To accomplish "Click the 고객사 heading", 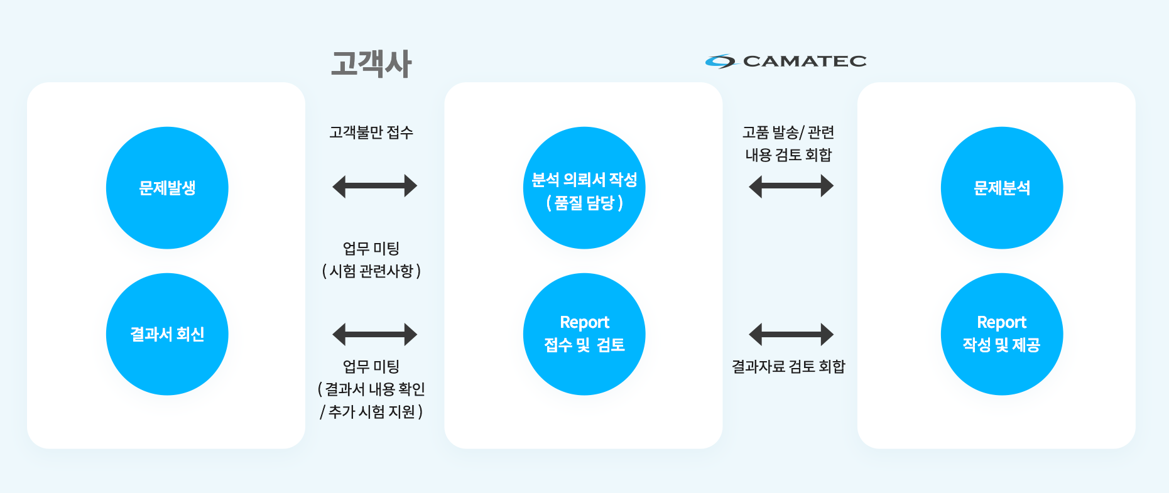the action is (371, 63).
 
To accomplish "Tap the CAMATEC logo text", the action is (805, 61).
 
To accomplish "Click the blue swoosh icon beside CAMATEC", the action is (720, 61).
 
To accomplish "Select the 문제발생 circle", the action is (167, 188).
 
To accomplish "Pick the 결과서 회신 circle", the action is (167, 334).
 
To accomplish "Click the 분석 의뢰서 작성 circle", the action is (584, 188).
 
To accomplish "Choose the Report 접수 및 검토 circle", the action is (584, 334).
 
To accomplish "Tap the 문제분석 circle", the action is (1002, 188).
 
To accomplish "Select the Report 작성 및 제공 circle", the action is (1002, 334).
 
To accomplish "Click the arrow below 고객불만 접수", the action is (374, 186).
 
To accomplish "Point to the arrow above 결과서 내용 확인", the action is (374, 334).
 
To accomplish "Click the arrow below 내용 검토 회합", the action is (791, 186).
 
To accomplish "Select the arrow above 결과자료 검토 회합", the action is (791, 334).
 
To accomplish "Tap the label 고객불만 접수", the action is (371, 133).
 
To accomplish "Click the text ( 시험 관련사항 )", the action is (371, 271).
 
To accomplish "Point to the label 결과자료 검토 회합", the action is (788, 366).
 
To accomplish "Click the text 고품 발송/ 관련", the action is (788, 133).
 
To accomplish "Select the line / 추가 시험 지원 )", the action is (371, 411).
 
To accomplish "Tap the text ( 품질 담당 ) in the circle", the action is (584, 203).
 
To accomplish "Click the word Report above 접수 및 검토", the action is (584, 323).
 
